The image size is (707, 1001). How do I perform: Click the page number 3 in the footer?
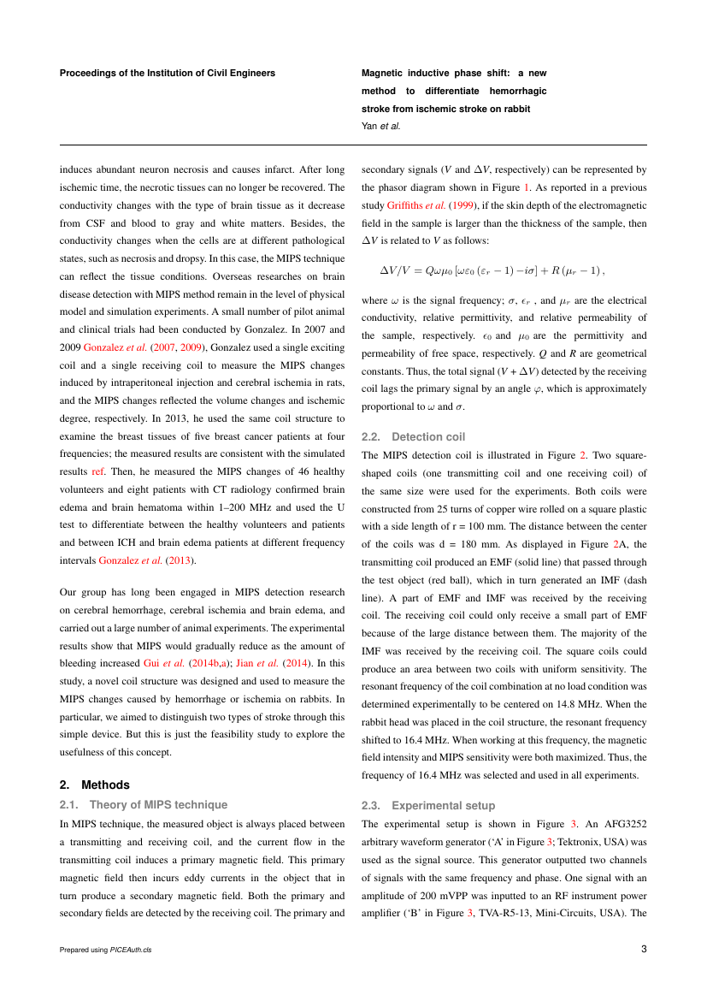pyautogui.click(x=644, y=949)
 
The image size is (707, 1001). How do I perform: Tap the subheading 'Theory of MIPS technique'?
pyautogui.click(x=158, y=804)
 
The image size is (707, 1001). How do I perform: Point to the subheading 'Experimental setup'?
pyautogui.click(x=443, y=805)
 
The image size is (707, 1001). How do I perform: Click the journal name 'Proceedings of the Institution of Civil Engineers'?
pyautogui.click(x=168, y=74)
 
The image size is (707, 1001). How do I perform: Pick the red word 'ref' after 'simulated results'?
pyautogui.click(x=97, y=471)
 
